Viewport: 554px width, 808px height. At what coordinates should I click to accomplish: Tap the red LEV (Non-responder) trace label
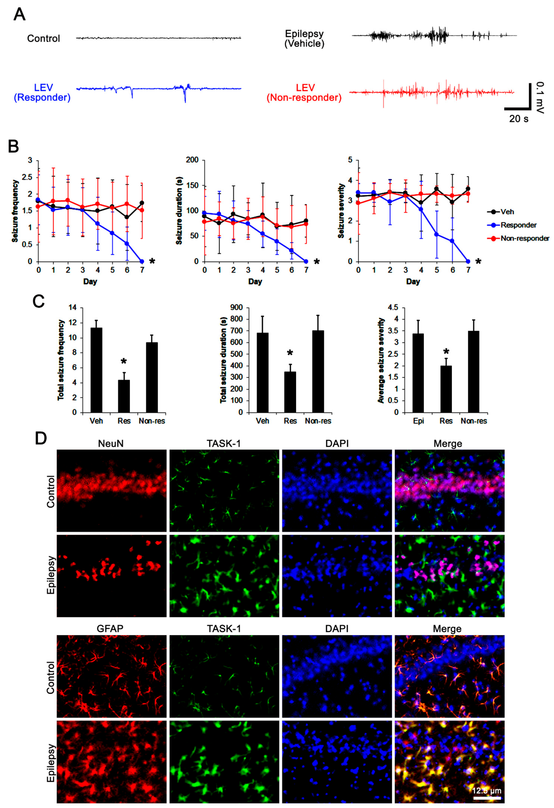(304, 92)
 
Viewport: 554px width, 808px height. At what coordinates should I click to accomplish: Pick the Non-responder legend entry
(525, 239)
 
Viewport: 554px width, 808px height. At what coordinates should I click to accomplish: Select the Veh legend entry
(507, 212)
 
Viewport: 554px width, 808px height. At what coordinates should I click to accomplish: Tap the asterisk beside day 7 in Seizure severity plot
(478, 261)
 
